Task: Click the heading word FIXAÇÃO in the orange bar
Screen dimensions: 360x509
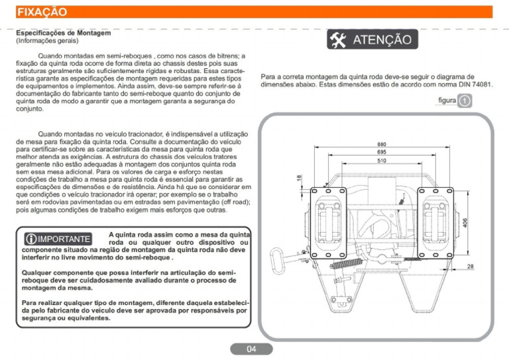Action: [x=41, y=12]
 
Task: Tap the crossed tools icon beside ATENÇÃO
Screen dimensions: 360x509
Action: [x=338, y=40]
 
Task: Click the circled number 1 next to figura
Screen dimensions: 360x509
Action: [x=465, y=101]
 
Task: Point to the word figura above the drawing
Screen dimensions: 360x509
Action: [x=447, y=101]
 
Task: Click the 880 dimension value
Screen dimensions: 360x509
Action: [x=382, y=145]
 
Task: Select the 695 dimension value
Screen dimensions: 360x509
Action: [x=382, y=152]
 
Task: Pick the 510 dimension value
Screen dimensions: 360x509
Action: [x=382, y=161]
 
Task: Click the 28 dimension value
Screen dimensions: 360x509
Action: [x=470, y=267]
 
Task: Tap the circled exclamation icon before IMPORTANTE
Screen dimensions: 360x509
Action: [x=30, y=239]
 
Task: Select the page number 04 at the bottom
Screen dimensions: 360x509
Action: [x=251, y=349]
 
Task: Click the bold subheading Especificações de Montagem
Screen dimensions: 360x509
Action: [x=63, y=32]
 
